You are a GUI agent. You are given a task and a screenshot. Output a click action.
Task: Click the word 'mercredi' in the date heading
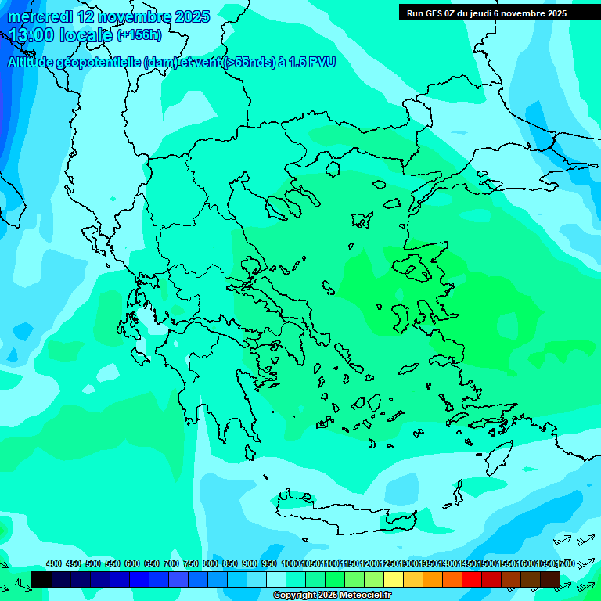pos(38,16)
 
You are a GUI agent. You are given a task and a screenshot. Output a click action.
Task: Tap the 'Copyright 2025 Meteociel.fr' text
pos(332,596)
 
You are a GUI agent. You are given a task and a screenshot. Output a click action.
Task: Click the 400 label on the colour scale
pos(54,564)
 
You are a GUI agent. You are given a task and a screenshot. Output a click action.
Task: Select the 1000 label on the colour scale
pos(290,564)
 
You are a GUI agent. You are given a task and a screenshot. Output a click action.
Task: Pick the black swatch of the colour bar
pos(41,579)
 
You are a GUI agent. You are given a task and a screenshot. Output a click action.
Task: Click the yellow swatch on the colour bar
pos(394,579)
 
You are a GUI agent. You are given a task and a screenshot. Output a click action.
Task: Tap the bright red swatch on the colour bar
pos(472,579)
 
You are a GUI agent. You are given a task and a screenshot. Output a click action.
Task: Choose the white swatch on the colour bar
pos(276,579)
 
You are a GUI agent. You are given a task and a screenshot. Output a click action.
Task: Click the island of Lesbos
pos(414,267)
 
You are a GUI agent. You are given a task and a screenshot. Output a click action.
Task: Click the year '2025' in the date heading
pos(192,16)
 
